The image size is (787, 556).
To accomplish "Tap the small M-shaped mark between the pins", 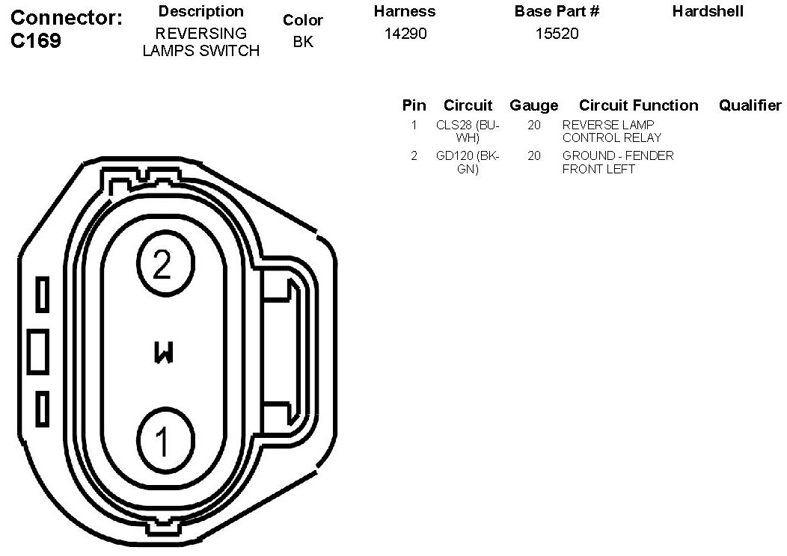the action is pos(164,353).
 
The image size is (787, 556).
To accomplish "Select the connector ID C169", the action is pos(36,40).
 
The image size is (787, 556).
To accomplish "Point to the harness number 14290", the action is pos(405,34).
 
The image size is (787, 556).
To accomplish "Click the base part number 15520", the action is pos(557,34).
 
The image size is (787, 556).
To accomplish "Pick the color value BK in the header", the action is pos(303,42).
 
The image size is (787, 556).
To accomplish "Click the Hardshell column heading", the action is pos(708,11).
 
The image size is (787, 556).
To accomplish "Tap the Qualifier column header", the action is pos(750,105).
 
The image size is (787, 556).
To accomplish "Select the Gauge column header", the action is pos(533,105).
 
